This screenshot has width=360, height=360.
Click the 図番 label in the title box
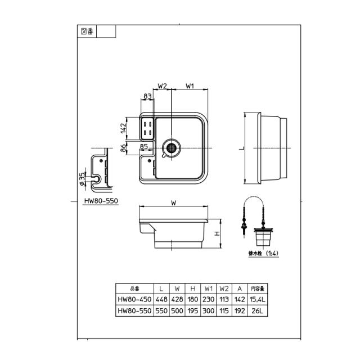87,31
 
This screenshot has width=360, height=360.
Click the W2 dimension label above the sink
163,86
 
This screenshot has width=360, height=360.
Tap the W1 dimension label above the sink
190,86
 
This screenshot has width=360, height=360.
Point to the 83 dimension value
147,96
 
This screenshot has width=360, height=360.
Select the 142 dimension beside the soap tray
123,128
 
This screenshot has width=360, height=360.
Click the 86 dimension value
123,148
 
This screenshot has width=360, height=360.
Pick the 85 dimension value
144,146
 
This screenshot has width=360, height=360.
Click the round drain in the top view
171,147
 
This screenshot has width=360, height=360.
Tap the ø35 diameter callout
82,179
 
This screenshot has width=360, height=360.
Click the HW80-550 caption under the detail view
101,201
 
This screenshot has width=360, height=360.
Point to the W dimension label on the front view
174,203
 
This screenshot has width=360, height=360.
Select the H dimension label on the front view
217,234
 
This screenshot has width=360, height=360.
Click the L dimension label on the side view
242,148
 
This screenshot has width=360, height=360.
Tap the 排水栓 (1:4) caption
264,254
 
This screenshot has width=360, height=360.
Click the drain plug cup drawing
263,237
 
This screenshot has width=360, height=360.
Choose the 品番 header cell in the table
134,289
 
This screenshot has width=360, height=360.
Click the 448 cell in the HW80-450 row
161,299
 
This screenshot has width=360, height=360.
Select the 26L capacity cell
258,311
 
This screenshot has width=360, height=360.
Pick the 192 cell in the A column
240,311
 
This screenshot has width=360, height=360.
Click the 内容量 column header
258,289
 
